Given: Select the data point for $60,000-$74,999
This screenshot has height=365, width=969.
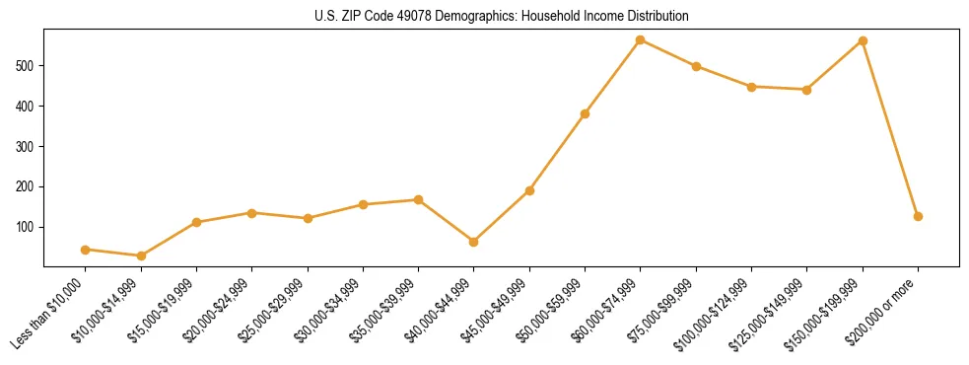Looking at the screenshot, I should click(x=641, y=40).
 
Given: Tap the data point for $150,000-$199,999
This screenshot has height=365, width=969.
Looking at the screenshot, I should click(x=863, y=41).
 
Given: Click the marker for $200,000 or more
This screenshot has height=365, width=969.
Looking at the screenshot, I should click(x=918, y=216).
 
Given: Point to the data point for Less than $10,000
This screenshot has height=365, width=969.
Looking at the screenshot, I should click(x=86, y=250).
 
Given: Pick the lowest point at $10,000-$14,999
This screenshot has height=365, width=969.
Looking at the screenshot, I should click(x=141, y=255).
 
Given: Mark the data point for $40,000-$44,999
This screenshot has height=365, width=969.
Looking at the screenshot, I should click(x=474, y=242).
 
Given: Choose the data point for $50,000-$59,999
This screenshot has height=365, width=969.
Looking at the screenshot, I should click(x=585, y=113).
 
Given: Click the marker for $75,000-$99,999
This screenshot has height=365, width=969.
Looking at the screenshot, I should click(x=696, y=66).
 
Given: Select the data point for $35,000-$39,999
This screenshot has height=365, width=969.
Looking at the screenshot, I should click(x=418, y=200).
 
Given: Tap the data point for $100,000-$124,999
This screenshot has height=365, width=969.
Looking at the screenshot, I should click(x=751, y=87).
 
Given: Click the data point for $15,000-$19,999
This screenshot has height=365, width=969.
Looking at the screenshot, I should click(x=196, y=222).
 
